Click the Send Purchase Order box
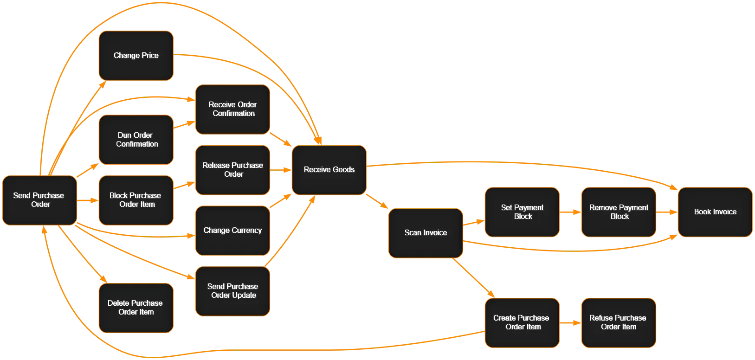point(39,200)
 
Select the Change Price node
point(136,56)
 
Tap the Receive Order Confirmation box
point(232,109)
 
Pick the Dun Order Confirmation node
point(136,140)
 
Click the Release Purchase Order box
point(232,170)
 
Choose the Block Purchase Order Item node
point(136,200)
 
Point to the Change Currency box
point(232,231)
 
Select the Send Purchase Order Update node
point(232,291)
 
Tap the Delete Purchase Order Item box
point(136,308)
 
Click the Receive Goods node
point(329,170)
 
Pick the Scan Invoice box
point(426,233)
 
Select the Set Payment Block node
point(522,212)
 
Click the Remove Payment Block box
point(619,212)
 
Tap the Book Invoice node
point(715,212)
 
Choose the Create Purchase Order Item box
point(522,322)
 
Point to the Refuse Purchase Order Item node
point(619,322)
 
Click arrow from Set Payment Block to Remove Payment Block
point(570,212)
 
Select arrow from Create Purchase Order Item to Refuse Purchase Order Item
point(570,322)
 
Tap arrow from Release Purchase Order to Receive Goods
point(281,170)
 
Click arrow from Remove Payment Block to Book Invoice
point(667,212)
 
